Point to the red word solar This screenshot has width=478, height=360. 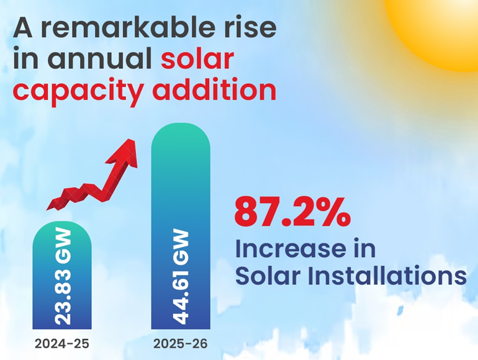(x=197, y=59)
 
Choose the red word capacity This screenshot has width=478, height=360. (x=68, y=91)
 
